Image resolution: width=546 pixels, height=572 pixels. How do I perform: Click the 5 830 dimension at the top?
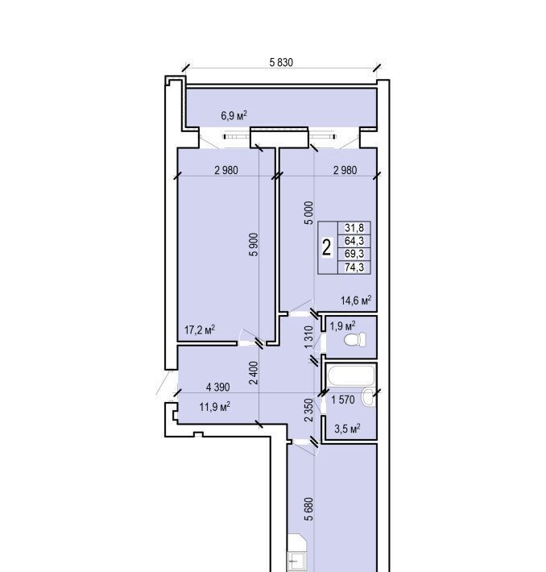click(281, 62)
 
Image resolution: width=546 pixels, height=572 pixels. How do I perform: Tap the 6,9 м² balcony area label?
click(234, 116)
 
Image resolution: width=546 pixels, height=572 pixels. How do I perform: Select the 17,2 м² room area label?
click(200, 330)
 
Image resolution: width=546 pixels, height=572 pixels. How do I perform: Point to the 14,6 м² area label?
click(356, 301)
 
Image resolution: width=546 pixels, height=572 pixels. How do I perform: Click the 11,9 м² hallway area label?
click(214, 406)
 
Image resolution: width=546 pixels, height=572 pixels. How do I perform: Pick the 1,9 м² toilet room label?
click(342, 325)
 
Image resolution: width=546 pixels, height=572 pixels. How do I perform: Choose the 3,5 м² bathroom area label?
click(347, 429)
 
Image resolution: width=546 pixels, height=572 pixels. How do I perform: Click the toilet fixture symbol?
click(355, 340)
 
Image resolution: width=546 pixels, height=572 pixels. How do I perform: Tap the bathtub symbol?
click(351, 375)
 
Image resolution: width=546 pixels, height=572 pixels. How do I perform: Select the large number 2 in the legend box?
click(327, 247)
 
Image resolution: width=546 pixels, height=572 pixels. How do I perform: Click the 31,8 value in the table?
click(354, 228)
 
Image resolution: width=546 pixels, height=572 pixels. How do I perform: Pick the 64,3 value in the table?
click(354, 241)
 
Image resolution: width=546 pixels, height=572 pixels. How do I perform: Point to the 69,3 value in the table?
click(354, 254)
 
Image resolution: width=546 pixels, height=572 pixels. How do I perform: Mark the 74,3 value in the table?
click(354, 267)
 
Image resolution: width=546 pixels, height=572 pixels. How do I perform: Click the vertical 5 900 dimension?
click(254, 244)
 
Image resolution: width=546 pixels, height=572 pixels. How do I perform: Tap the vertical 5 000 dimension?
click(308, 213)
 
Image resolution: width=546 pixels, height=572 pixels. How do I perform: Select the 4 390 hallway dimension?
click(217, 387)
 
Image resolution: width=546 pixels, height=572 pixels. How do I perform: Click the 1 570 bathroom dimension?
click(342, 400)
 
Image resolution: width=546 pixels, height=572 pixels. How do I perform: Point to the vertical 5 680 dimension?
click(308, 509)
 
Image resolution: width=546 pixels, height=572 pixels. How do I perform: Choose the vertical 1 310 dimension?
click(308, 337)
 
